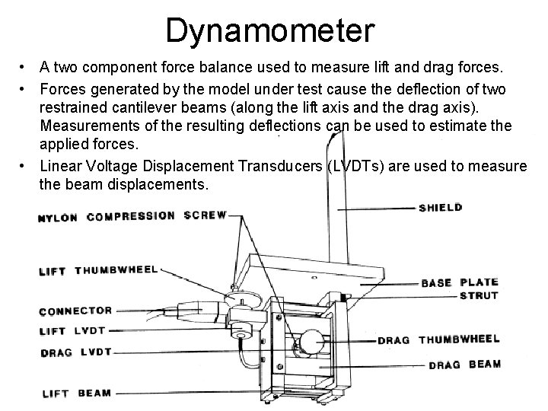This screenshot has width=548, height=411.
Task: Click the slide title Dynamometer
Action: point(270,31)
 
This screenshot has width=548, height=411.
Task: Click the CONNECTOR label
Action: point(75,311)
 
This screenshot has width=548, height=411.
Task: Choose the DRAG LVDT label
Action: point(75,352)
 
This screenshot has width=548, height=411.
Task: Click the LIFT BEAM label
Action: point(75,393)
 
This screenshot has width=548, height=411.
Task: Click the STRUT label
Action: point(479,295)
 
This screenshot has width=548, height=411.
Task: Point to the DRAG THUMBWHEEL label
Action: point(438,339)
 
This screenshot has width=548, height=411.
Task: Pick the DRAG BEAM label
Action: point(464,365)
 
